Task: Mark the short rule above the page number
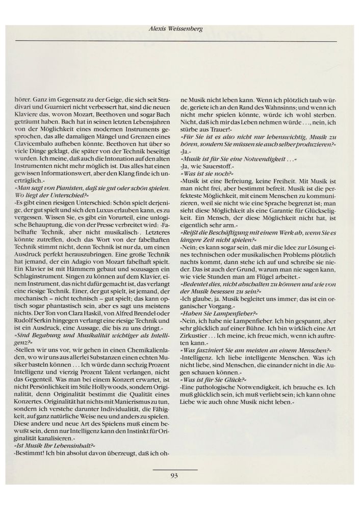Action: point(174,469)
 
